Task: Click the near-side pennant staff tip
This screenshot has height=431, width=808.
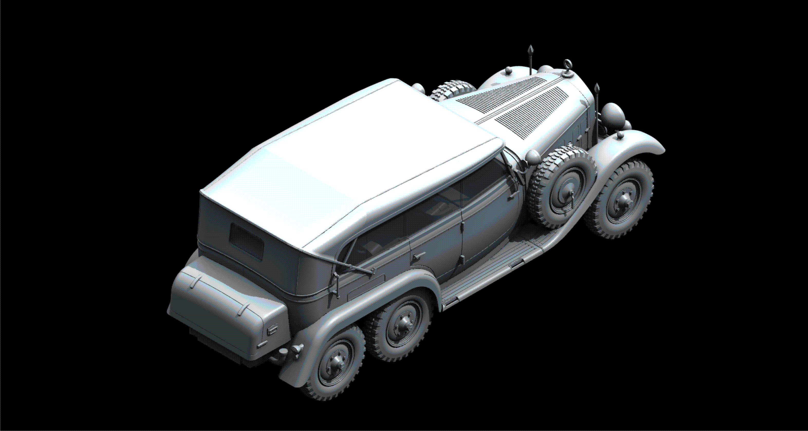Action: [x=597, y=88]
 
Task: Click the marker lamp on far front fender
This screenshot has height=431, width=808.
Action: [x=507, y=70]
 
